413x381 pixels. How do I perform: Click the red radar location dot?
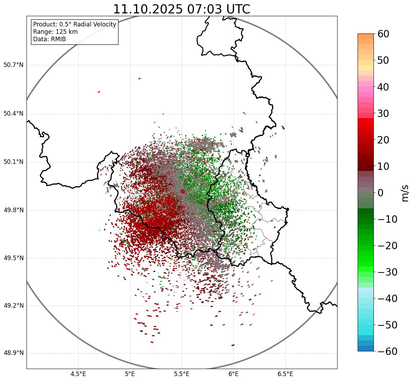182,191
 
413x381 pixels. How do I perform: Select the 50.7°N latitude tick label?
13,65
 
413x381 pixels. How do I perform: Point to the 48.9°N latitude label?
13,353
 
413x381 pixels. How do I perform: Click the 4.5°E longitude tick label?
78,374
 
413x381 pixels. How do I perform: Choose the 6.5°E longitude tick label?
285,374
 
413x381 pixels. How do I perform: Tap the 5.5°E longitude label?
182,374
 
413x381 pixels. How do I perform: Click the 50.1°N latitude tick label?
13,162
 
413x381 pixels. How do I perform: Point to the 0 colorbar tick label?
381,193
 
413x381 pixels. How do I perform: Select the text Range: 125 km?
55,32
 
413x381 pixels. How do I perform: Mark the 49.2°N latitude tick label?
13,306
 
